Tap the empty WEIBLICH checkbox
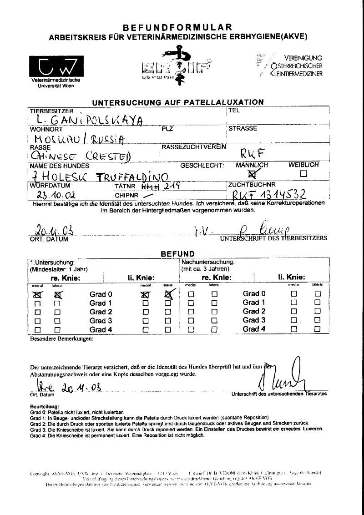click(x=303, y=173)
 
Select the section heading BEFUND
click(x=178, y=254)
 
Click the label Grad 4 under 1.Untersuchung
click(x=101, y=329)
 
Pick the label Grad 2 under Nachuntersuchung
click(x=254, y=311)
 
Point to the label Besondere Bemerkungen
click(x=61, y=339)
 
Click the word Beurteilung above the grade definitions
click(x=45, y=405)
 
